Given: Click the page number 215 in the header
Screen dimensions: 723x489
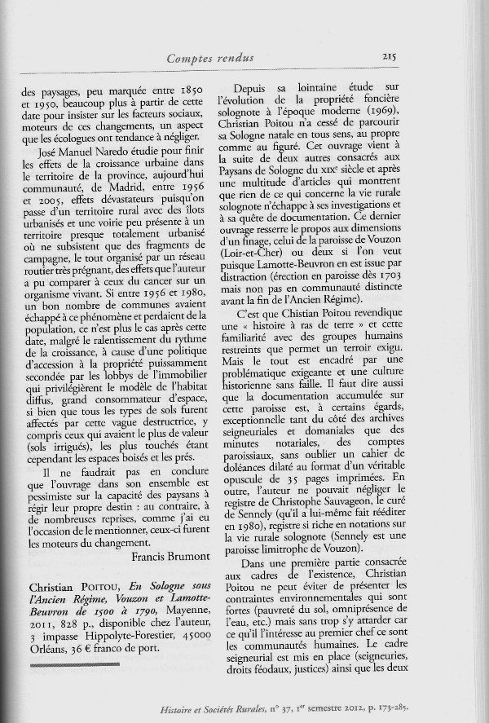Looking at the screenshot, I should (387, 57).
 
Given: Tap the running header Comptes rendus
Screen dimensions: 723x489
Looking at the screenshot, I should (209, 57).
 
